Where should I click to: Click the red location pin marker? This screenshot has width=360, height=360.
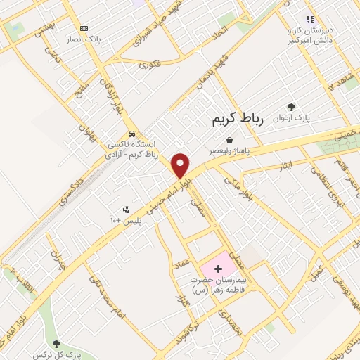[x=181, y=165]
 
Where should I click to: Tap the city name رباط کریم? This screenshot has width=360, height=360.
[x=237, y=120]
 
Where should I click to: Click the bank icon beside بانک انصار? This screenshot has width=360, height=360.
[x=84, y=29]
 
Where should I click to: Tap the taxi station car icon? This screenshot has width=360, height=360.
[x=131, y=134]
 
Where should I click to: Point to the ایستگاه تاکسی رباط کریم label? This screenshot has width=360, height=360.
[x=133, y=149]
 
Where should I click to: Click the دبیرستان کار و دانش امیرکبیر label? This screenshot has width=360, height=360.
[x=313, y=35]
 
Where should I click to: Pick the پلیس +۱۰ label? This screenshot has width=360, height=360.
[x=127, y=221]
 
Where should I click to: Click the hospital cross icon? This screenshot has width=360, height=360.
[x=218, y=268]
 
